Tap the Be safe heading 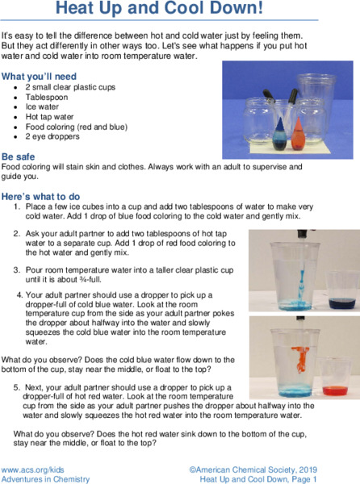19,156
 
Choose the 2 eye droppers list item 52,136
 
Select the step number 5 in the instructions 17,387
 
